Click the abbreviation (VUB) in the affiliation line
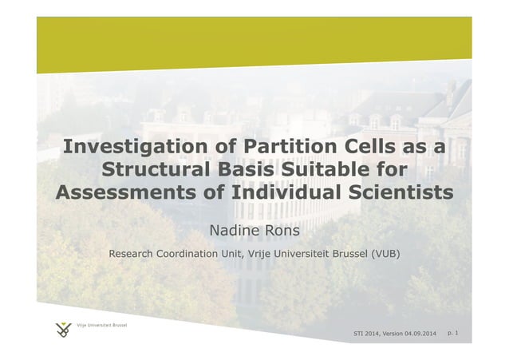tap(382, 254)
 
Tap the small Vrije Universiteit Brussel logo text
tap(101, 325)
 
